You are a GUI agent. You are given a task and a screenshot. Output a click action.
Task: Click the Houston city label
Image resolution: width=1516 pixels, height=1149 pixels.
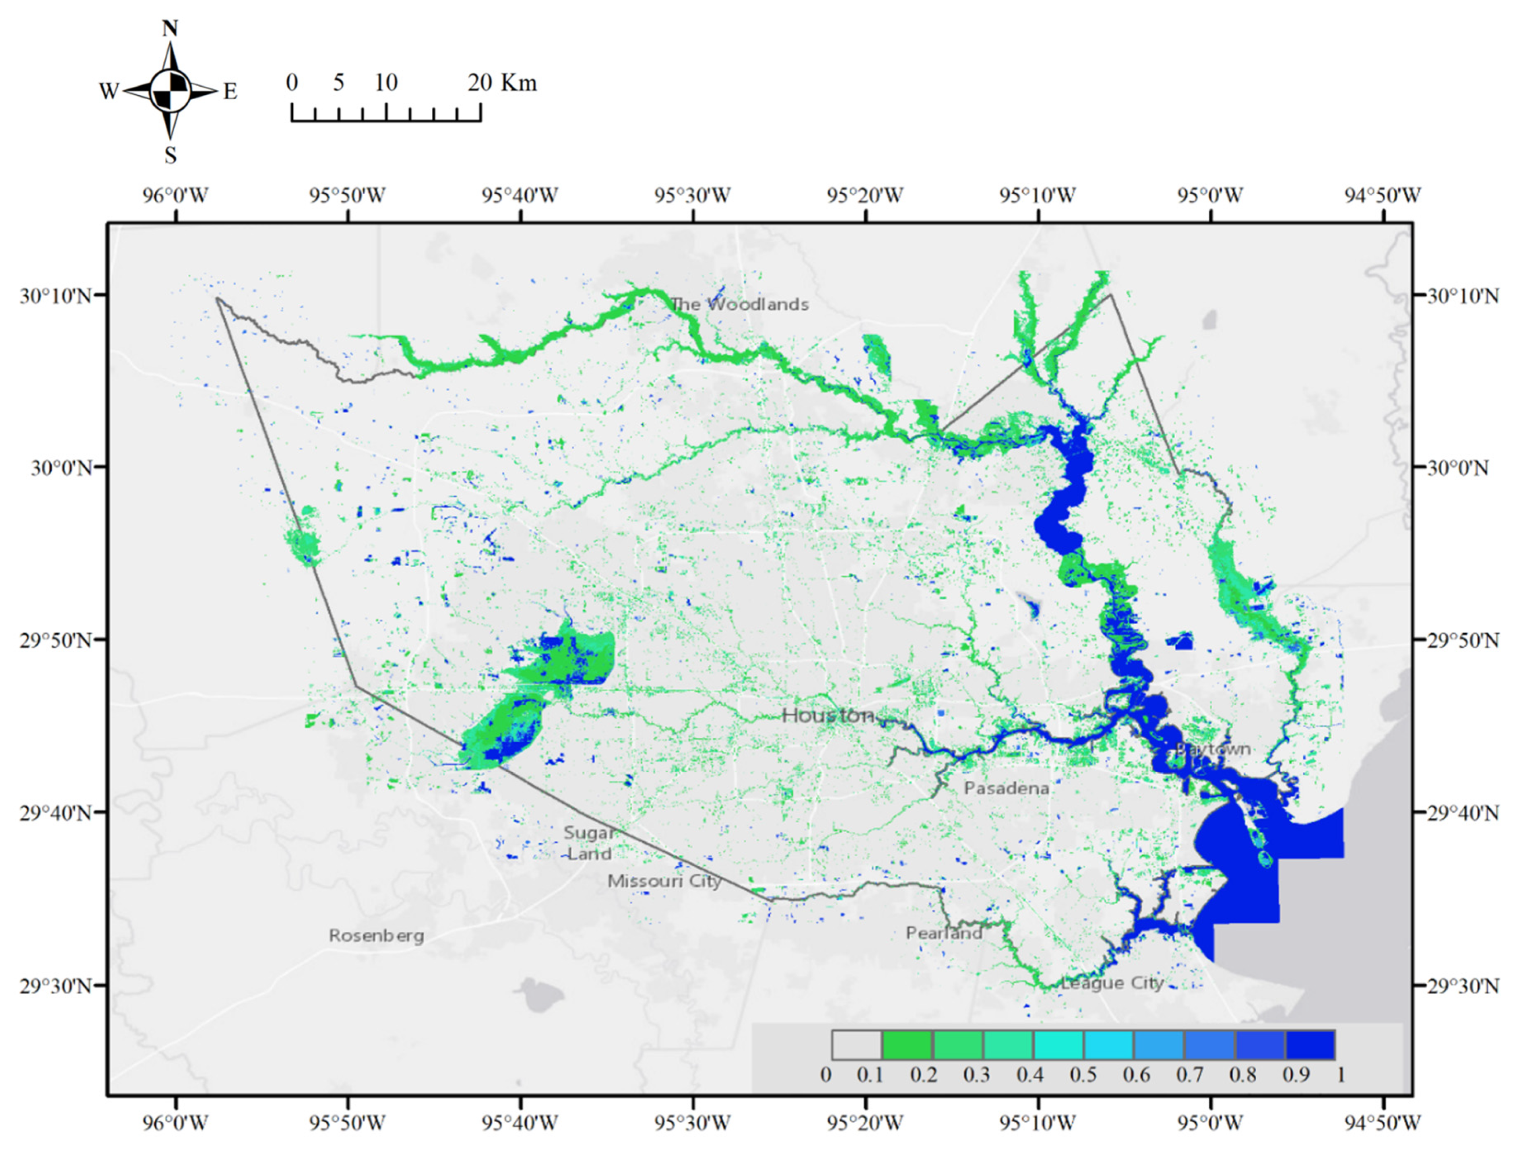pos(828,716)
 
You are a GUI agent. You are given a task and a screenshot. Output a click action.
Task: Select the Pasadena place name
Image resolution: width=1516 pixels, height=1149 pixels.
pos(1006,788)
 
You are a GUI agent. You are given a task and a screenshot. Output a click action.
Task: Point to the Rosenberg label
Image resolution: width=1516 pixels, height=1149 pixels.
pos(376,935)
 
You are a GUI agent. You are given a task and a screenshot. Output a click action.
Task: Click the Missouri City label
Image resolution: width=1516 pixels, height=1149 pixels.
pos(664,880)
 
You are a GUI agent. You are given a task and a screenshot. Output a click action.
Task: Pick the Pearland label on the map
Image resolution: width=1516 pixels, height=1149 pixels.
pos(944,933)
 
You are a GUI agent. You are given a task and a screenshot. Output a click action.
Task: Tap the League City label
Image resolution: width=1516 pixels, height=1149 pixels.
pos(1112,983)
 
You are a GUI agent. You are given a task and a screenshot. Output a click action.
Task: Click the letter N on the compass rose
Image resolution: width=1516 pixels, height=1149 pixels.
pos(170,29)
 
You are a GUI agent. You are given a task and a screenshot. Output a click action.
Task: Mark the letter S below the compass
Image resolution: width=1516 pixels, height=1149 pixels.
pos(170,155)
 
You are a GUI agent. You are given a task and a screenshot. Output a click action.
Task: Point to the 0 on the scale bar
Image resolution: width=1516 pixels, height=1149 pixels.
pos(292,83)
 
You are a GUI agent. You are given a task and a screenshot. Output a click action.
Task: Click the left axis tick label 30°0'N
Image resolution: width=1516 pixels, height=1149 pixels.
pos(61,468)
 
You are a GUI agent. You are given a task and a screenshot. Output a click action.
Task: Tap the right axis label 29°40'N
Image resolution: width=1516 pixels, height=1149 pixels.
pos(1462,813)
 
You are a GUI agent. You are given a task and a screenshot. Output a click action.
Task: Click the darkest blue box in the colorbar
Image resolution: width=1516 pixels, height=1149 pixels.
pos(1310,1045)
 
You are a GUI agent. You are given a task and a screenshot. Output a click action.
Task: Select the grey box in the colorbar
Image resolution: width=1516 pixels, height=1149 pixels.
pos(857,1045)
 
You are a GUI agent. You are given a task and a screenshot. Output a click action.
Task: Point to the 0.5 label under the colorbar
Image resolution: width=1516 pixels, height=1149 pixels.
pos(1083,1074)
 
